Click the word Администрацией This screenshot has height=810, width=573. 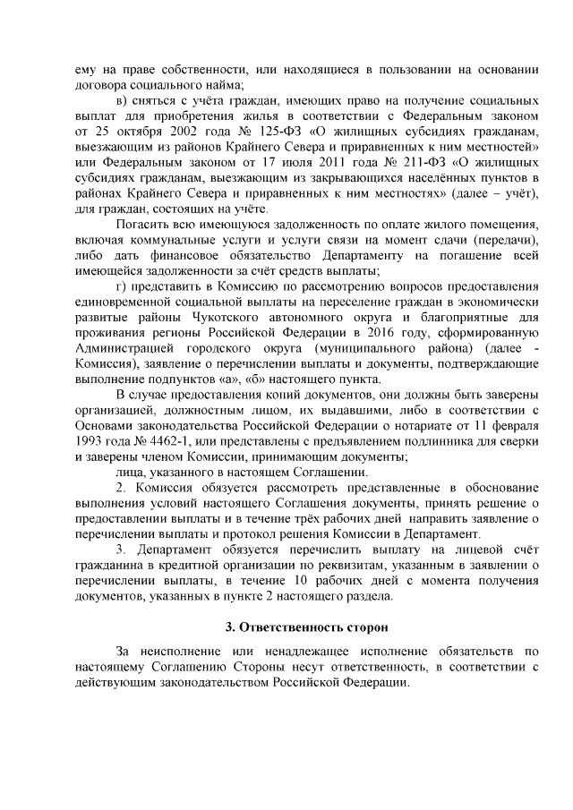(x=131, y=348)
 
